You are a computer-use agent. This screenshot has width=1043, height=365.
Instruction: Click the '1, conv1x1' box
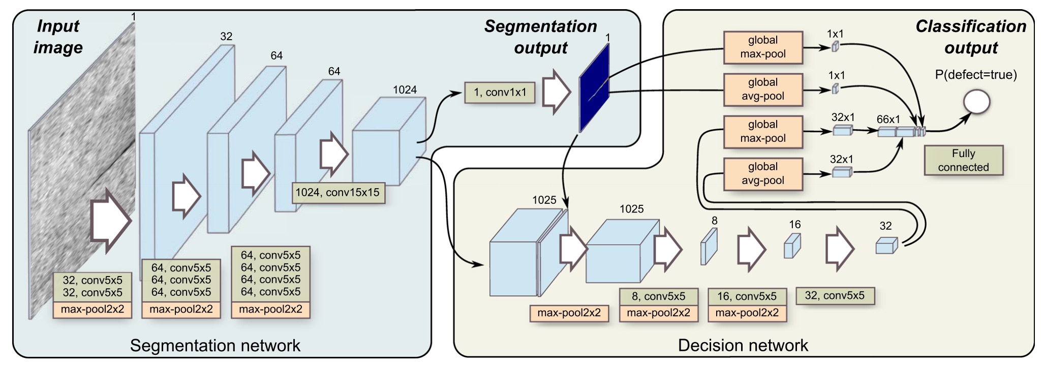pos(500,93)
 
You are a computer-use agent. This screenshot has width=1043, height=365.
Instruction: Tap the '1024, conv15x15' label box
pos(338,193)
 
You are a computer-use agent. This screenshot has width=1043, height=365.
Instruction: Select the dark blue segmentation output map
pos(594,87)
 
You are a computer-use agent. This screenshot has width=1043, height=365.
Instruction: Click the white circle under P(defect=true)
pos(976,102)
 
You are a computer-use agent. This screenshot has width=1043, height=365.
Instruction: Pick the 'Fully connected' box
pos(963,160)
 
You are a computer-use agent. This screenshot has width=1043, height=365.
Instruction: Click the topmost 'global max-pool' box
pos(762,47)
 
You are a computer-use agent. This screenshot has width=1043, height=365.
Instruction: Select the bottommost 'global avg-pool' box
pos(762,174)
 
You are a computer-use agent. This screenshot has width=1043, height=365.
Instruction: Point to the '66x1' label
pos(888,119)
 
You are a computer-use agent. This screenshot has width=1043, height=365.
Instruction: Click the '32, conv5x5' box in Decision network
pos(835,295)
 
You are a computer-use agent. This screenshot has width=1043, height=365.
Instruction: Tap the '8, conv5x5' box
pos(658,296)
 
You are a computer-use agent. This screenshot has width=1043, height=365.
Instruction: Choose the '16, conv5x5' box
pos(747,296)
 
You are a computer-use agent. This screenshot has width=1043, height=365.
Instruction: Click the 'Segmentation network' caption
pos(215,346)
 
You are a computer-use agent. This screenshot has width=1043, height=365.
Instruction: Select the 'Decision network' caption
pos(743,346)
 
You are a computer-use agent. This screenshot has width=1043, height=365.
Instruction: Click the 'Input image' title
pos(58,37)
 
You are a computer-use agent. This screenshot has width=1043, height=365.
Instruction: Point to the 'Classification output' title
pos(971,37)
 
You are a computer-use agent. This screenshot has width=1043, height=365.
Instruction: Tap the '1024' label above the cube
pos(405,90)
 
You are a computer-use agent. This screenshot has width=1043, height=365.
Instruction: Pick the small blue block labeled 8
pos(709,247)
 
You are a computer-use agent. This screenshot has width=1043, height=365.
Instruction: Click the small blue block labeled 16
pos(792,246)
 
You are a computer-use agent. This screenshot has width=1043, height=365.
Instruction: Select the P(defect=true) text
pos(976,75)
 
